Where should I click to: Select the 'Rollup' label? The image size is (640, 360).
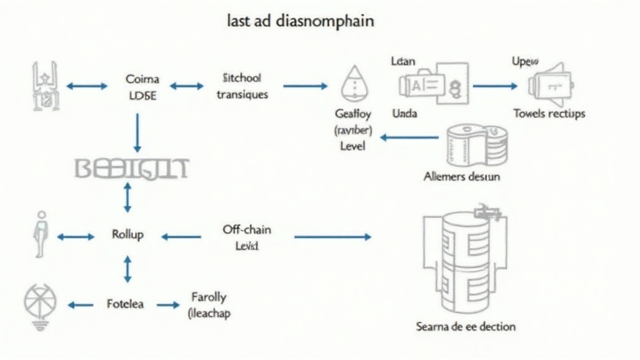(x=127, y=234)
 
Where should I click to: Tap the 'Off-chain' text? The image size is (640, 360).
(x=247, y=229)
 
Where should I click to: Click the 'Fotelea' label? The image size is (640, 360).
(x=125, y=304)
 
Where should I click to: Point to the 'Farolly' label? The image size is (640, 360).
(x=209, y=297)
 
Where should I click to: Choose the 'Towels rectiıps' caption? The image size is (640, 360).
(x=549, y=113)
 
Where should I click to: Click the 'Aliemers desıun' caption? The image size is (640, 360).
(x=461, y=176)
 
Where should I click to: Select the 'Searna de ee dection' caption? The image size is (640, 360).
(x=466, y=326)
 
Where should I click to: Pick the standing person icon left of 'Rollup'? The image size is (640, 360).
(x=41, y=234)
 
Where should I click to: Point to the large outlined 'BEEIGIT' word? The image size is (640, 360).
(x=131, y=169)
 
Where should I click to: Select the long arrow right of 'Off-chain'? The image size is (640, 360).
(x=332, y=237)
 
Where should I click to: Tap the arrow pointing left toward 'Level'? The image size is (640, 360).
(x=409, y=136)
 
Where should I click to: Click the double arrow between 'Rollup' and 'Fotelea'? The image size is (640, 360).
(x=127, y=269)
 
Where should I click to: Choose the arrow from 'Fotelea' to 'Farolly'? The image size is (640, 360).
(x=167, y=305)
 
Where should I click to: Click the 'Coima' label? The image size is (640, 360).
(x=142, y=79)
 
